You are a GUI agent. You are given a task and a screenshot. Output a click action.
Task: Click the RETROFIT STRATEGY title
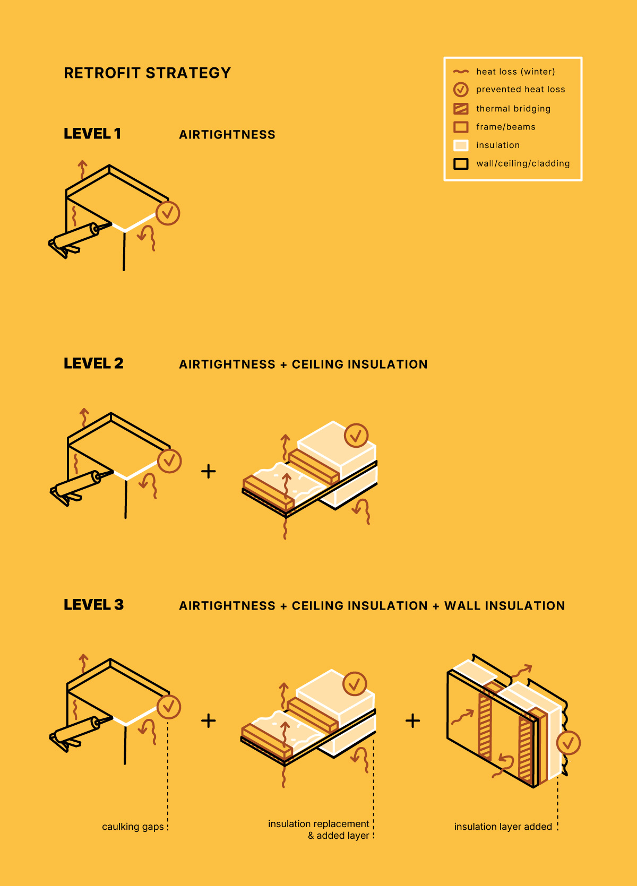coord(147,73)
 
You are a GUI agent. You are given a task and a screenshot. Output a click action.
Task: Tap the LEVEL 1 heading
coord(92,134)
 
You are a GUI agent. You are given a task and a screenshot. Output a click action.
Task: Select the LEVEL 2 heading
coord(93,363)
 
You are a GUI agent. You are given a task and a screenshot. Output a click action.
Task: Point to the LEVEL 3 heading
coord(94,604)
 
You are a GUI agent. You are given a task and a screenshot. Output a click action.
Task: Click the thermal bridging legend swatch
coord(461,108)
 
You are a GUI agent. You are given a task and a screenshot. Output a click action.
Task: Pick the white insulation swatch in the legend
coord(461,145)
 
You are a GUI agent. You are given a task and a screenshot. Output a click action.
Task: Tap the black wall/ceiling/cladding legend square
coord(461,163)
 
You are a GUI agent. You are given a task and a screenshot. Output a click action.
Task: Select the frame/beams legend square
coord(461,127)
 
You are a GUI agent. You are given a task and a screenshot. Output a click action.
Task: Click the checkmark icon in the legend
coord(461,90)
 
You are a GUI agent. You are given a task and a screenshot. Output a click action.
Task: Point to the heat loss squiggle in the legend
coord(461,72)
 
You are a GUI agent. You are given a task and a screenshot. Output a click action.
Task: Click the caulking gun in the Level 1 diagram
coord(80,239)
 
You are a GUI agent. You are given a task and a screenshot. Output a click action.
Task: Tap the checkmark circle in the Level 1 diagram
coord(168,213)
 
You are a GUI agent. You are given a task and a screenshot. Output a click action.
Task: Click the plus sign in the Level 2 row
coord(209,471)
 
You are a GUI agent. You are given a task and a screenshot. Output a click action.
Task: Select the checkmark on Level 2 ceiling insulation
coord(356,436)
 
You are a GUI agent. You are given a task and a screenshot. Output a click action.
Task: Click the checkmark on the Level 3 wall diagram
coord(568,743)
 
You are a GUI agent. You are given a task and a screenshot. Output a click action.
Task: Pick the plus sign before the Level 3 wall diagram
coord(412,720)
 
